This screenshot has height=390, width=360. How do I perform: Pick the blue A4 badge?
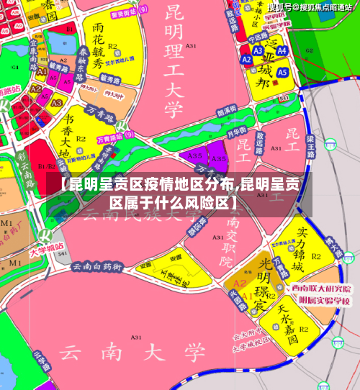(282, 52)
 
